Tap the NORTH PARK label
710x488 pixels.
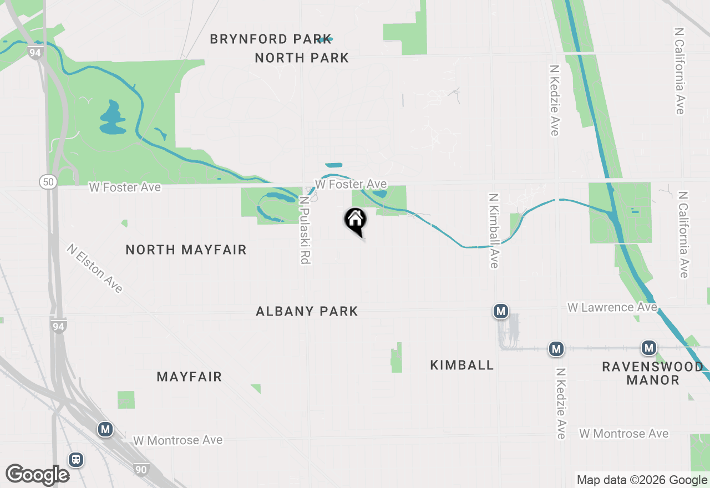coord(302,58)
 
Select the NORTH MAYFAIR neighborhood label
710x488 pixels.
coord(186,250)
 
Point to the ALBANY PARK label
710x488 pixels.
coord(307,312)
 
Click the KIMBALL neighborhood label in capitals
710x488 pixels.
coord(461,365)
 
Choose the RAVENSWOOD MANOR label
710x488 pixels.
coord(653,373)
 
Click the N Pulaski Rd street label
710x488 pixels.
coord(304,230)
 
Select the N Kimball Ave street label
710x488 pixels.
coord(493,230)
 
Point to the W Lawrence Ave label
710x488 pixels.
coord(612,307)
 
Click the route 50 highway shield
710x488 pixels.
coord(47,181)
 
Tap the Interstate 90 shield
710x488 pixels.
coord(141,469)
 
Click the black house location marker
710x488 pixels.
coord(355,220)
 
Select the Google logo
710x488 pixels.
coord(37,475)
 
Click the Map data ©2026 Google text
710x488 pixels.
coord(642,480)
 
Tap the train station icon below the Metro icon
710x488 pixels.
coord(76,460)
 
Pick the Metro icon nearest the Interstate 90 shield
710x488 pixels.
coord(105,429)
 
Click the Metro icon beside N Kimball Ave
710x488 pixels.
coord(501,311)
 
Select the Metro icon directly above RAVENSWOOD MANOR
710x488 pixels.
coord(648,348)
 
